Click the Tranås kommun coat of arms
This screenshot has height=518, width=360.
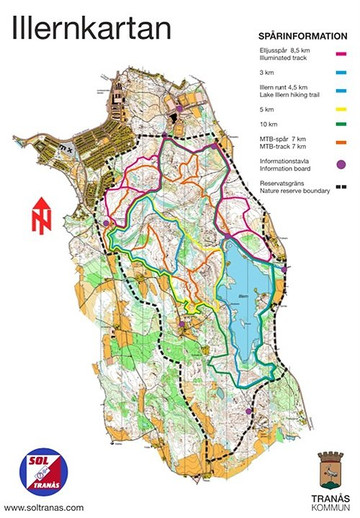330,466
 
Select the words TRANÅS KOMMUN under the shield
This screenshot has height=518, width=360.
330,499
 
